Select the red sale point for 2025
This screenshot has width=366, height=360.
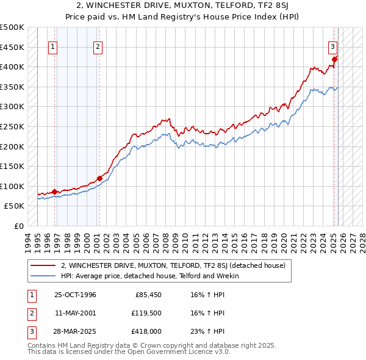(335, 59)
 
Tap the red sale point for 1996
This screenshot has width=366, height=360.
(54, 192)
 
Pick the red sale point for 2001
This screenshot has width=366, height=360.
(99, 178)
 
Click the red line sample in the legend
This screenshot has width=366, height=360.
(43, 265)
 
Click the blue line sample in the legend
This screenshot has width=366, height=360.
(43, 276)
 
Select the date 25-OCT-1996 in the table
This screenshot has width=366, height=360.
(75, 295)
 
